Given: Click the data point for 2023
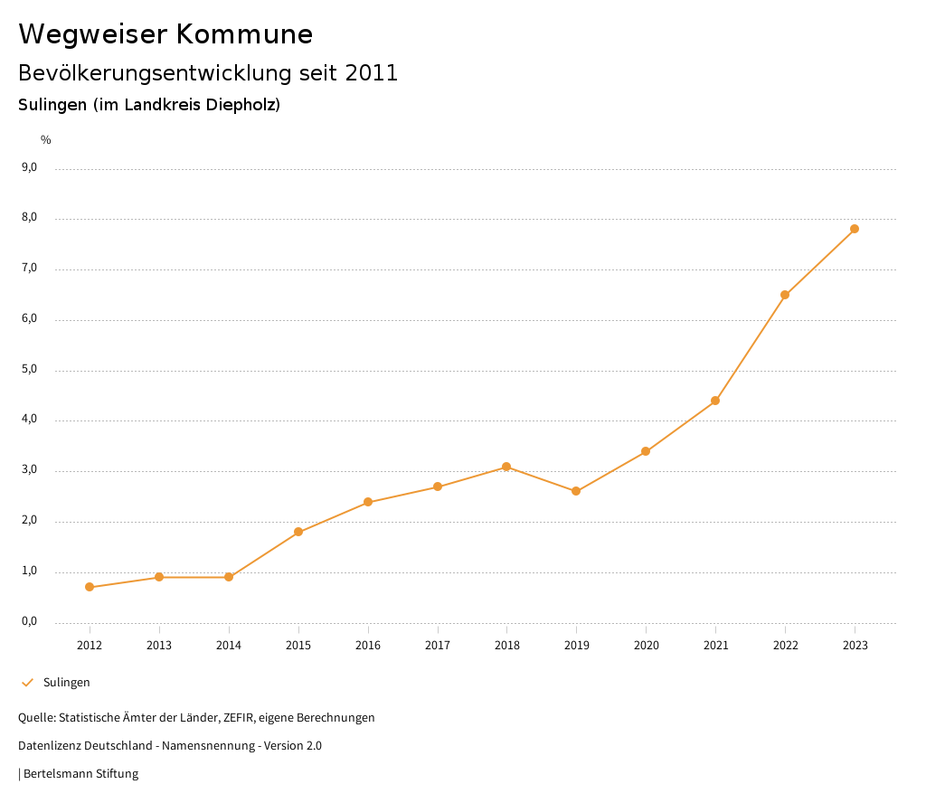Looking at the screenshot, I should coord(855,229).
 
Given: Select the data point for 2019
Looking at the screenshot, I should coord(576,491).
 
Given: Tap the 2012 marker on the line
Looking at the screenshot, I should coord(90,587).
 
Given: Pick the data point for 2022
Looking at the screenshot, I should coord(785,295).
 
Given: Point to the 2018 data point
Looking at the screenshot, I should coord(506,467).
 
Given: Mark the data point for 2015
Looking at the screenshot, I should coord(298,532).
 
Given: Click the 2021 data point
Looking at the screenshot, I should coord(715,401).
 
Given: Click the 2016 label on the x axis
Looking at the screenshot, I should coord(368,645).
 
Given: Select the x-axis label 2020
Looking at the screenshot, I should coord(646,645).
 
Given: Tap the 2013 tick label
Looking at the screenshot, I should coord(159,645).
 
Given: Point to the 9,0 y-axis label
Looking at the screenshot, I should coord(29,167).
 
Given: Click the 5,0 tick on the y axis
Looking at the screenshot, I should coord(29,369).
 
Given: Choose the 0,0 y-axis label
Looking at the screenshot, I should coord(29,621).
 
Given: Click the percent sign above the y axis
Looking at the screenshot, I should coord(46,139).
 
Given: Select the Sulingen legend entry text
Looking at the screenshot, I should coord(67,682).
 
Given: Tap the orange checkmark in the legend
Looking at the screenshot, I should coord(27,682).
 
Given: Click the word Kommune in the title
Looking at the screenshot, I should coord(244,34).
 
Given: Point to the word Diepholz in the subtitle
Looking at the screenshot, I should coord(241,105).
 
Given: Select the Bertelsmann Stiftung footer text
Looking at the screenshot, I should coord(80,773).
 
